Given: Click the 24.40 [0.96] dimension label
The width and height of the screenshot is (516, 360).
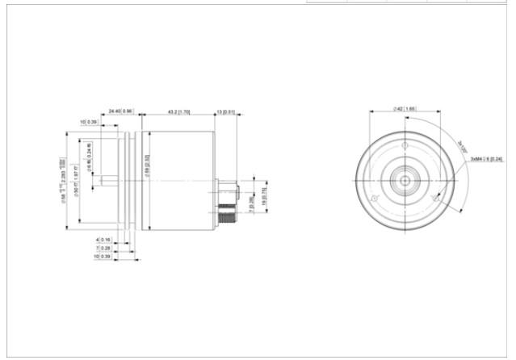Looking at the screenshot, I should (x=120, y=111).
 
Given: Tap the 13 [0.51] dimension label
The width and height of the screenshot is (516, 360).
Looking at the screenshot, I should (x=225, y=111).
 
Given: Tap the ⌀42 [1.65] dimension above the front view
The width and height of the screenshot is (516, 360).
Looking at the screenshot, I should (x=405, y=107).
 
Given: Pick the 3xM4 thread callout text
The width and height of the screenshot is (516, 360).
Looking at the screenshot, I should (x=487, y=159).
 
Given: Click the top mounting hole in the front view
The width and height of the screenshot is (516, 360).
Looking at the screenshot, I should (x=403, y=144).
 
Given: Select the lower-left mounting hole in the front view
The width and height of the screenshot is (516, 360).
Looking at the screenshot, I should (x=372, y=199).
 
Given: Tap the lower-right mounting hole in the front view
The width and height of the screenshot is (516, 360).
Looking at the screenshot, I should (x=434, y=199).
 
